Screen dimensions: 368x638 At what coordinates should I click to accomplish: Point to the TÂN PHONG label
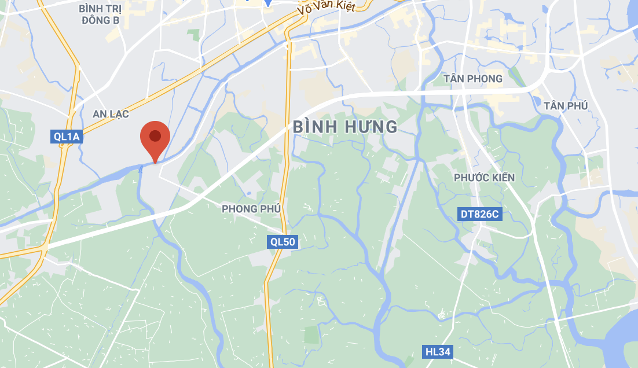pos(472,78)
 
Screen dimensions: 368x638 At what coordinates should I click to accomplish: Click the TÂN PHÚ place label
pos(566,105)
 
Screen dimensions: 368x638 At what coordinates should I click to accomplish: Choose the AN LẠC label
pos(111,113)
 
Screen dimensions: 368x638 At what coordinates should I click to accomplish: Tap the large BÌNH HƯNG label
pos(345,127)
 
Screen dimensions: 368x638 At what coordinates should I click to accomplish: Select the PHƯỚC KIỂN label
pos(485,178)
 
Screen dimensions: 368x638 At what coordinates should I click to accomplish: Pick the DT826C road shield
pos(479,214)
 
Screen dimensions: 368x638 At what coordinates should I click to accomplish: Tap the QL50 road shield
pos(283,242)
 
